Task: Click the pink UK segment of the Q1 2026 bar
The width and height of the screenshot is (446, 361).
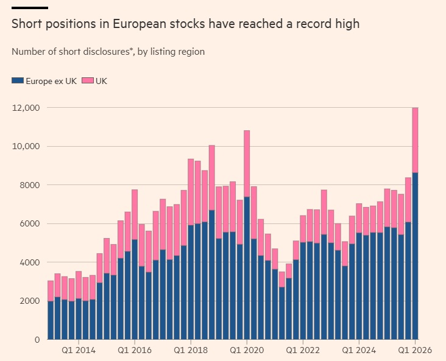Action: click(x=415, y=140)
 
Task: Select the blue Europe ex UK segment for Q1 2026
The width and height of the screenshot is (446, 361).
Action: click(x=415, y=256)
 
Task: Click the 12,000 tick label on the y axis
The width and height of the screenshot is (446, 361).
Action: click(x=26, y=108)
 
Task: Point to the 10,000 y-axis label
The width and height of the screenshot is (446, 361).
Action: click(x=26, y=146)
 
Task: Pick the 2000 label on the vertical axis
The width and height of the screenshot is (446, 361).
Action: click(x=28, y=301)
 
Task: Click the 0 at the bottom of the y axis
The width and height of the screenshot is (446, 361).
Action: click(x=37, y=339)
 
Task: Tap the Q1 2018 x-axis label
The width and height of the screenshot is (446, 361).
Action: click(x=191, y=350)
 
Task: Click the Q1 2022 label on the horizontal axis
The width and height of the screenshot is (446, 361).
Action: click(x=303, y=350)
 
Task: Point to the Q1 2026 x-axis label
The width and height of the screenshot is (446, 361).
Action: click(x=415, y=350)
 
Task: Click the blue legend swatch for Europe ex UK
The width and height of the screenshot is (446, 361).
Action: click(x=17, y=80)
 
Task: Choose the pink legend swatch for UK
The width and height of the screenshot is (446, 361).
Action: click(x=87, y=80)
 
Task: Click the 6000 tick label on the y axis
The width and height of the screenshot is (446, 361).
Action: click(x=28, y=223)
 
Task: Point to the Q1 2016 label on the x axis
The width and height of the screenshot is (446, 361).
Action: click(x=135, y=350)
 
